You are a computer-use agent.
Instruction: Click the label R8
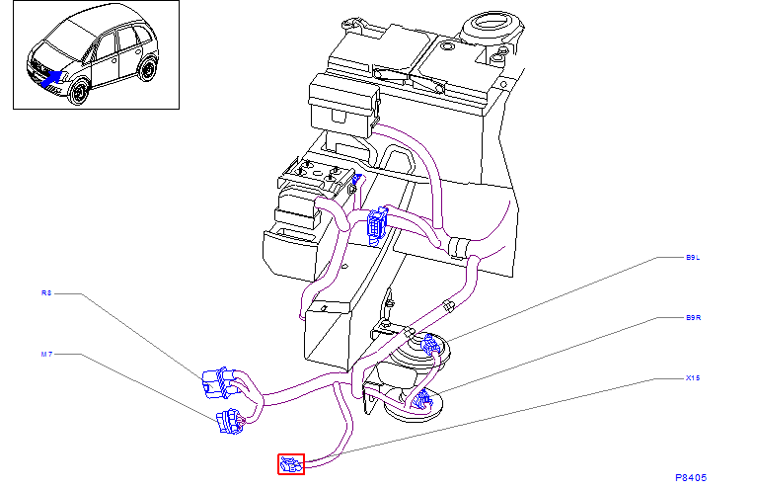click(45, 293)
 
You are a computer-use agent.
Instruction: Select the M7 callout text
click(45, 354)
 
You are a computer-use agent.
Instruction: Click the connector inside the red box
click(291, 463)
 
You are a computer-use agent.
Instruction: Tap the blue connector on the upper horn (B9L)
click(429, 345)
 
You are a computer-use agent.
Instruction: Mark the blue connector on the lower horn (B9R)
click(422, 399)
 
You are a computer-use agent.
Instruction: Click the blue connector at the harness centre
click(376, 226)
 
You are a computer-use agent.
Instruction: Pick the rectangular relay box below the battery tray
click(343, 101)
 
